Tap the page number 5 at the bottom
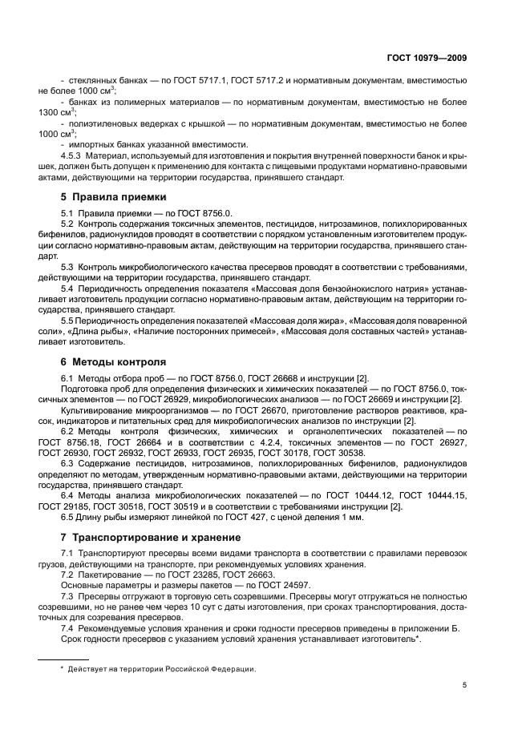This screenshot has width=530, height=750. click(x=465, y=685)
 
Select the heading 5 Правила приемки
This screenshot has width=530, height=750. click(x=114, y=196)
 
